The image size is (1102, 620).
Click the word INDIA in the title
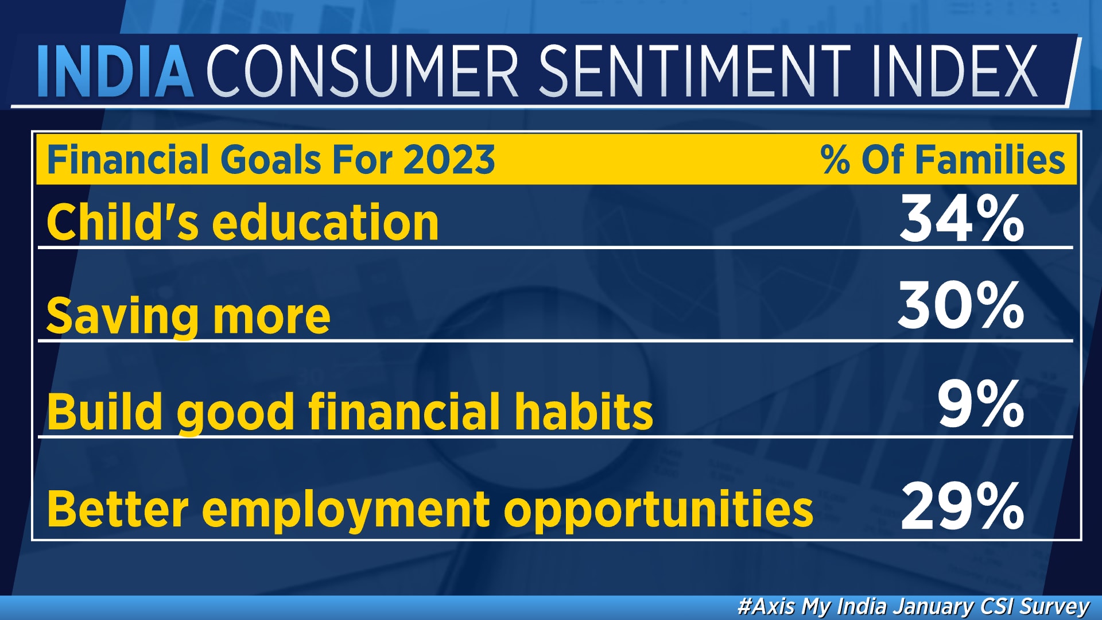tap(115, 71)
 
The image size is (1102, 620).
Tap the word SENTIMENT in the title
tap(695, 71)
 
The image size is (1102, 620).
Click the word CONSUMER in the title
tap(362, 71)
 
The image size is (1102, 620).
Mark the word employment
tap(346, 510)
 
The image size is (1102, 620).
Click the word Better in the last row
tap(118, 509)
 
